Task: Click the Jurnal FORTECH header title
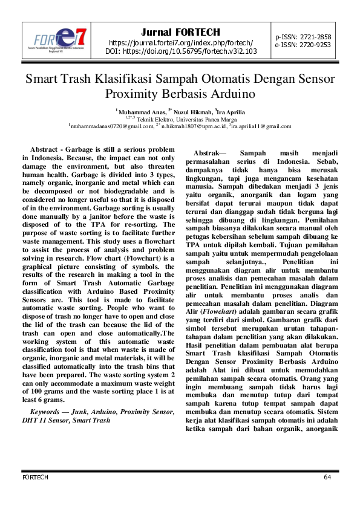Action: [x=180, y=32]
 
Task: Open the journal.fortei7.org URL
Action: [x=180, y=42]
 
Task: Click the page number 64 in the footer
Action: [x=327, y=478]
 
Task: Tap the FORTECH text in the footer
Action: [x=34, y=478]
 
